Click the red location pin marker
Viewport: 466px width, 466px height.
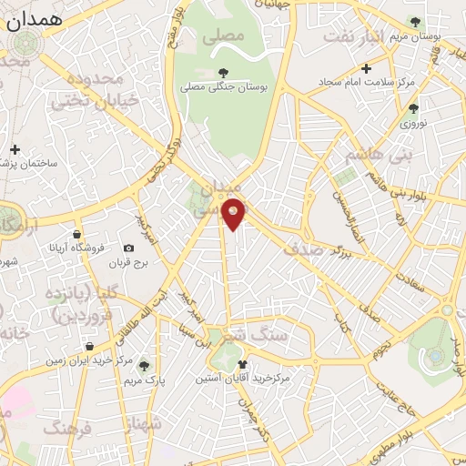[x=234, y=214]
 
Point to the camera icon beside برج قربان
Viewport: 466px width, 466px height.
[x=128, y=248]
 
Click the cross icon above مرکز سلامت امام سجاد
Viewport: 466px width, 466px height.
[x=367, y=68]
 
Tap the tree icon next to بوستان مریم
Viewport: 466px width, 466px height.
[x=415, y=22]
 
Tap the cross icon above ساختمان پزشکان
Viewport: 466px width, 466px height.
[x=15, y=149]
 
